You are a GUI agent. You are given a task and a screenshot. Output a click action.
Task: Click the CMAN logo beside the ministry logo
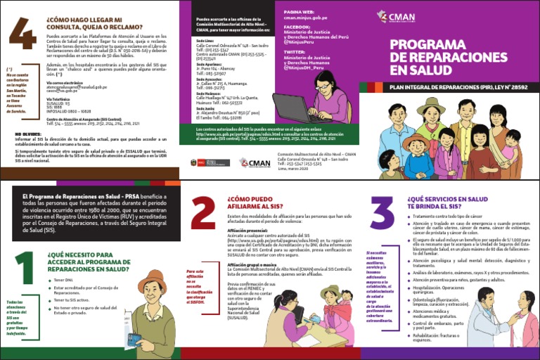tap(254, 162)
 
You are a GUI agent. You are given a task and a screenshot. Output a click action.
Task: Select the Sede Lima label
tap(205, 41)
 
